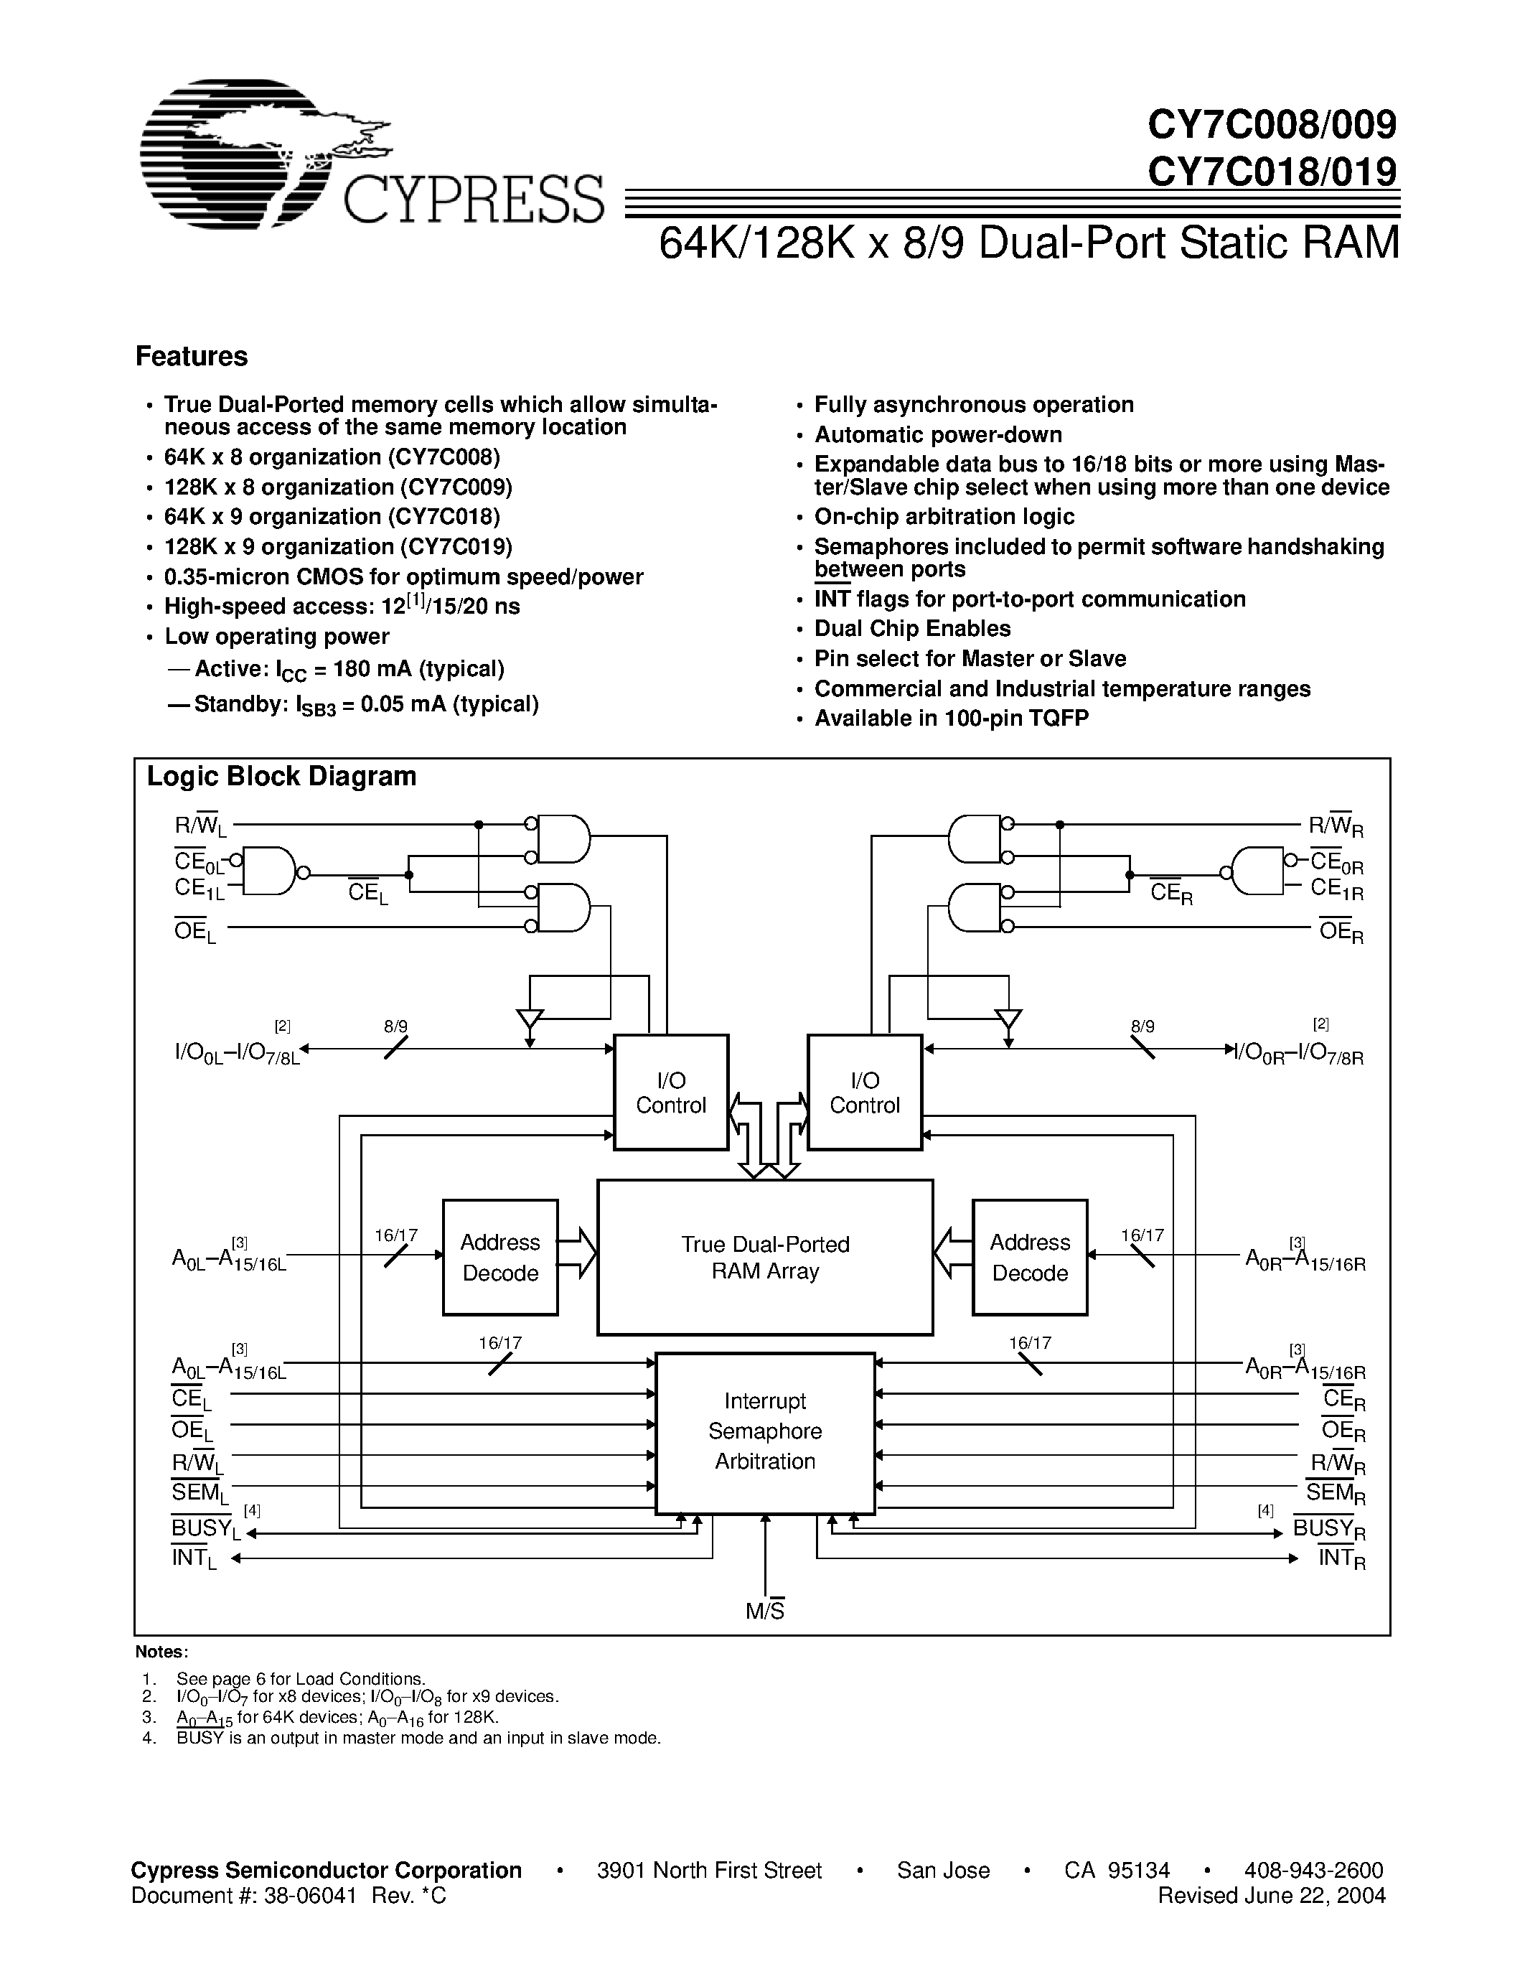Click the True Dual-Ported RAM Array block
click(x=764, y=1257)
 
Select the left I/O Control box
click(x=670, y=1092)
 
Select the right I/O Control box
click(x=865, y=1092)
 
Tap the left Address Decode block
click(x=499, y=1257)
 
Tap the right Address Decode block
click(x=1029, y=1257)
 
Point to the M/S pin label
click(x=764, y=1611)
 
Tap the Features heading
click(x=192, y=356)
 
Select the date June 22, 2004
click(x=1313, y=1894)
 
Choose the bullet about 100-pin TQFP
click(x=952, y=719)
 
